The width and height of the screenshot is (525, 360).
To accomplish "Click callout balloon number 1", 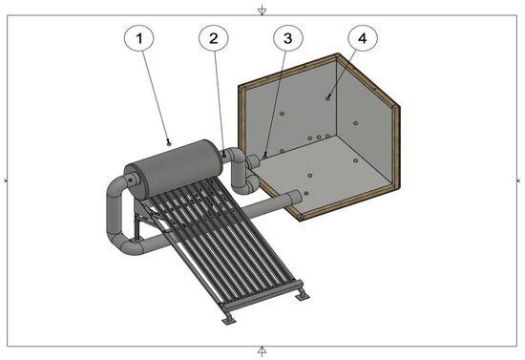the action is point(139,38).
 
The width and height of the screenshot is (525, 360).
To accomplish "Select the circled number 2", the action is point(214,38).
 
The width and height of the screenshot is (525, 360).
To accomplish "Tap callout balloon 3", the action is point(288,38).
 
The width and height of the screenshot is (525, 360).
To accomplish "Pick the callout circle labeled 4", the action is point(363,38).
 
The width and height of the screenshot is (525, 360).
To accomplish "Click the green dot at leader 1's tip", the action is point(169,144).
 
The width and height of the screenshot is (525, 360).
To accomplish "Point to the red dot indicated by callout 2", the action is point(224,156).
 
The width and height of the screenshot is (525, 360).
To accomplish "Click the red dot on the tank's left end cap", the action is point(131,180).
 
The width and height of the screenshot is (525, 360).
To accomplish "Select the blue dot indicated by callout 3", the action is point(265,157).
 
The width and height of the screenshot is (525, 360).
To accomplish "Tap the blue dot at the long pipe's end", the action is point(306,193).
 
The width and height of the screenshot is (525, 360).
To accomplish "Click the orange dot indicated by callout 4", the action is point(327,98).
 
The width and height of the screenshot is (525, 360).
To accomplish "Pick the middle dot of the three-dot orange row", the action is point(319,137).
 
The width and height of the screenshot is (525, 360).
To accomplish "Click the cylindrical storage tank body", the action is point(174,169).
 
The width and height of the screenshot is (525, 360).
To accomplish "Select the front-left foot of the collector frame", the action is point(229,320).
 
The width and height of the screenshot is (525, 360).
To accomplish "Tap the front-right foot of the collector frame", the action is point(303,296).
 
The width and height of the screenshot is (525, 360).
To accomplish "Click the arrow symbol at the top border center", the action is point(262,11).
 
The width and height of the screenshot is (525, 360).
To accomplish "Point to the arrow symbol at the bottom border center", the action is point(262,351).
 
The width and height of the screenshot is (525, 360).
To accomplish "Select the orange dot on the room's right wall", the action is point(356,123).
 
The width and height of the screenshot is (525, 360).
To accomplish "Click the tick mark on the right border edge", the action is point(518,180).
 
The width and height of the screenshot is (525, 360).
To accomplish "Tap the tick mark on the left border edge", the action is point(6,180).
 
